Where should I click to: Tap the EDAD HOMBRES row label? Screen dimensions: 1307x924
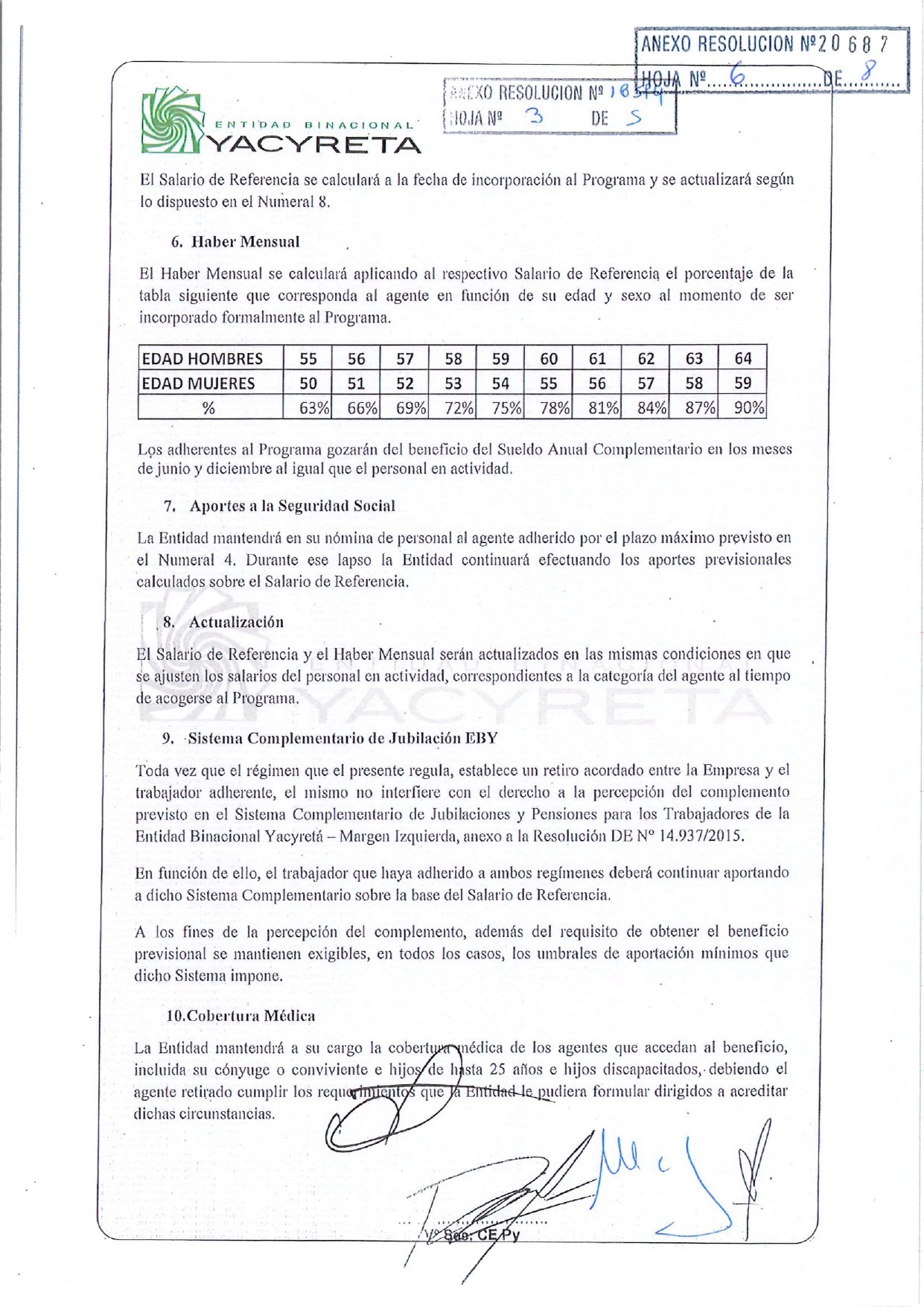click(x=203, y=359)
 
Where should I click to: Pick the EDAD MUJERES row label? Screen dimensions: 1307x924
click(x=199, y=384)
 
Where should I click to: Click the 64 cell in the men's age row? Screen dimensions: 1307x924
click(x=742, y=358)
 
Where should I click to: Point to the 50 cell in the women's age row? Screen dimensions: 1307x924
click(x=308, y=384)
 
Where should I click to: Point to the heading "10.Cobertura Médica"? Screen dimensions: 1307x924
click(x=240, y=1016)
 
